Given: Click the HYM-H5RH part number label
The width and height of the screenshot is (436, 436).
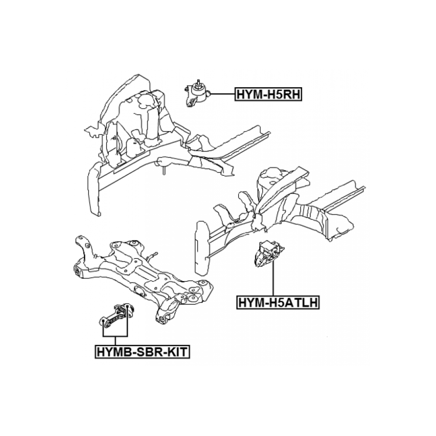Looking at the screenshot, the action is pyautogui.click(x=268, y=94).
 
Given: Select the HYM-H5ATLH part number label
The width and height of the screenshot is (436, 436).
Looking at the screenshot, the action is pyautogui.click(x=278, y=302).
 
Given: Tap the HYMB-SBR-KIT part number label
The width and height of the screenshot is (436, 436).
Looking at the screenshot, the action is pyautogui.click(x=142, y=352).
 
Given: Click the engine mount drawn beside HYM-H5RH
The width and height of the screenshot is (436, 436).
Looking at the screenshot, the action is pyautogui.click(x=197, y=94).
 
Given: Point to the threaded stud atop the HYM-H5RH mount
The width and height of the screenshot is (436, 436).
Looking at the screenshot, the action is pyautogui.click(x=198, y=83).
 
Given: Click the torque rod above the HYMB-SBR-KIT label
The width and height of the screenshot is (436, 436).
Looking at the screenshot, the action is pyautogui.click(x=117, y=315).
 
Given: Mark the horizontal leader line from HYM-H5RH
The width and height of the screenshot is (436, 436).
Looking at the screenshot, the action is pyautogui.click(x=223, y=94).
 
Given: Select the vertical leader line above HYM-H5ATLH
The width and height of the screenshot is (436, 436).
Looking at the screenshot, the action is pyautogui.click(x=274, y=278).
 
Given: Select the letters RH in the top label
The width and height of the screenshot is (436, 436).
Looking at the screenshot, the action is pyautogui.click(x=292, y=94).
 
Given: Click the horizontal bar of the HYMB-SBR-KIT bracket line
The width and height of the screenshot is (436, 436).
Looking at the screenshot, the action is pyautogui.click(x=115, y=336).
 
